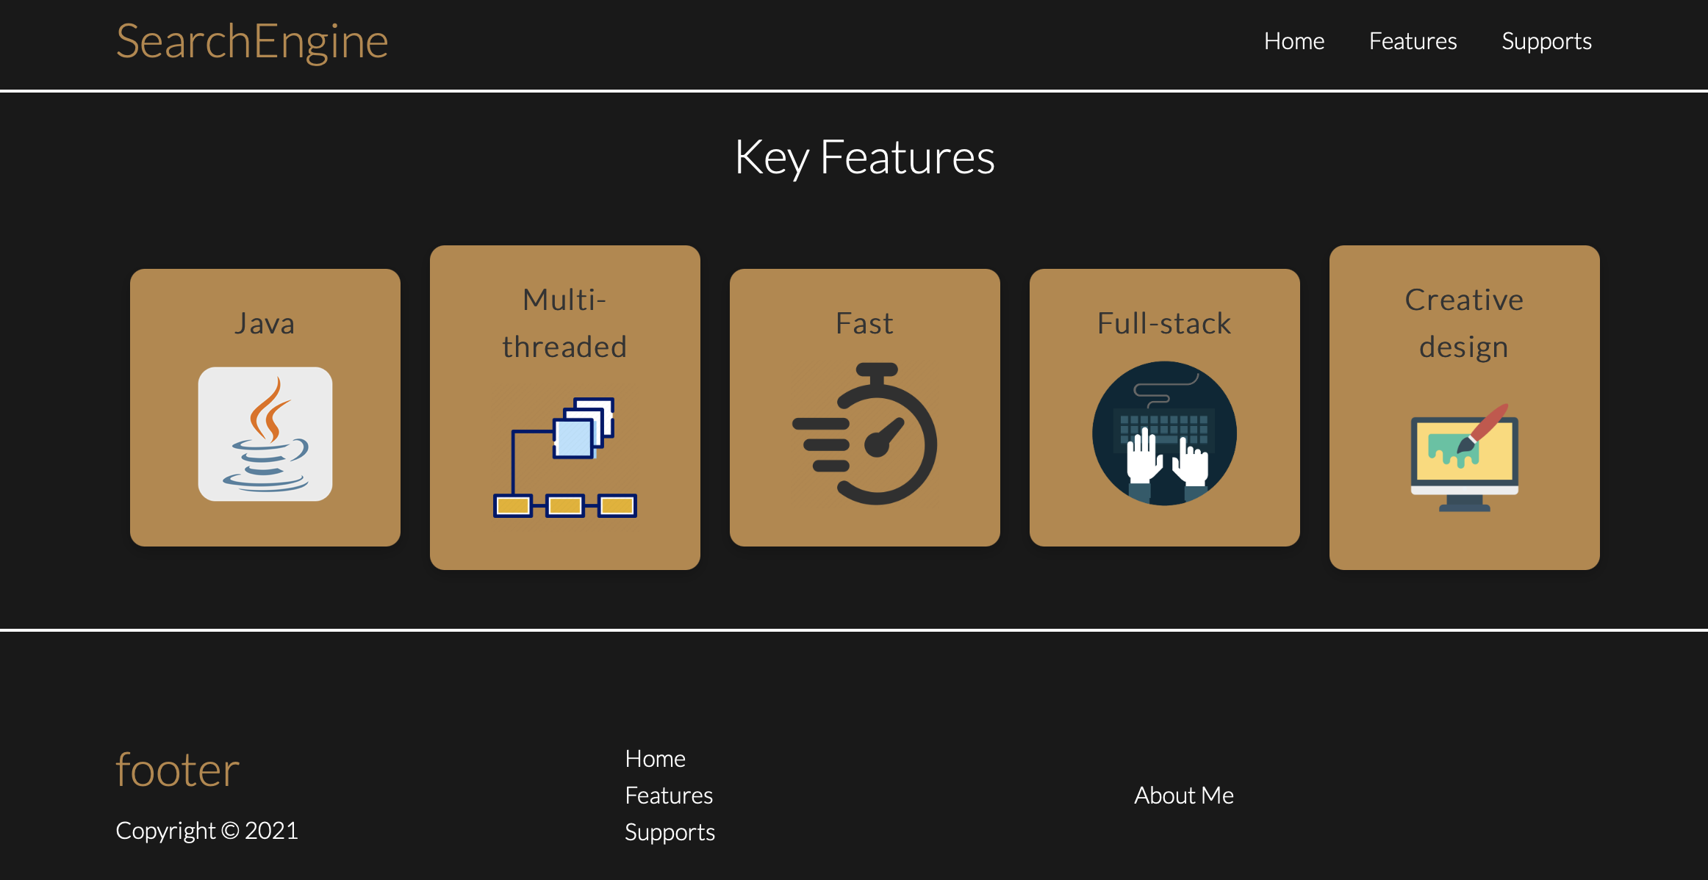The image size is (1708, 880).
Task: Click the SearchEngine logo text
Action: pyautogui.click(x=252, y=42)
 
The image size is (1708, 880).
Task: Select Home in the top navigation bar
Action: pyautogui.click(x=1293, y=41)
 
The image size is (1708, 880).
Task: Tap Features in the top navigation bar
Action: pyautogui.click(x=1413, y=41)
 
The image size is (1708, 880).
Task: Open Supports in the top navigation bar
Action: pyautogui.click(x=1546, y=41)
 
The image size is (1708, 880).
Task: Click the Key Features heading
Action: pyautogui.click(x=864, y=157)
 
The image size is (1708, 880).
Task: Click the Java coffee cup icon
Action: pyautogui.click(x=265, y=433)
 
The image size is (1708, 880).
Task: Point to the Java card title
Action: pyautogui.click(x=265, y=323)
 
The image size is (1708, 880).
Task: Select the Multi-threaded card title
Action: pyautogui.click(x=564, y=323)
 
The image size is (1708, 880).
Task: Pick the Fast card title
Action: pyautogui.click(x=864, y=323)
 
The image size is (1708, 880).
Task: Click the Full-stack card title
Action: pyautogui.click(x=1164, y=323)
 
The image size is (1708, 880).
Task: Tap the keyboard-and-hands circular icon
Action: pyautogui.click(x=1164, y=433)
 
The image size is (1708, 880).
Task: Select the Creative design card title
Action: pyautogui.click(x=1464, y=323)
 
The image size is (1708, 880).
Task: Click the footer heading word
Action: pyautogui.click(x=178, y=770)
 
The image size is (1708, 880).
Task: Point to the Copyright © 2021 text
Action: pyautogui.click(x=207, y=831)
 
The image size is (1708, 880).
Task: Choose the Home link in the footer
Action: pyautogui.click(x=655, y=759)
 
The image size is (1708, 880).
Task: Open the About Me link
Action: pyautogui.click(x=1183, y=796)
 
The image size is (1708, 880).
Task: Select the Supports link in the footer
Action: pyautogui.click(x=670, y=832)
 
